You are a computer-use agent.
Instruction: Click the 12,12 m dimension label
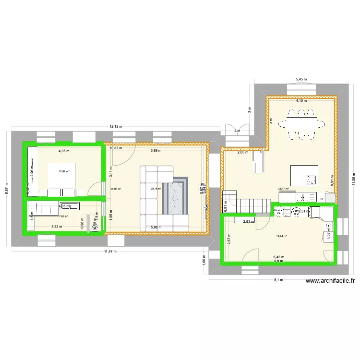tap(116, 127)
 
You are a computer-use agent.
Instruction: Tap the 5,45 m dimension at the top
tap(301, 79)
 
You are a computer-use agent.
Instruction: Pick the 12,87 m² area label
tap(64, 171)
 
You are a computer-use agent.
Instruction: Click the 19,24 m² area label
tap(281, 236)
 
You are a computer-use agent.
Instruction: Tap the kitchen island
tap(304, 175)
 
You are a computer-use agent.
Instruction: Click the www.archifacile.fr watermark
tap(329, 282)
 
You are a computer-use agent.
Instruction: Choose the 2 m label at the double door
tap(236, 131)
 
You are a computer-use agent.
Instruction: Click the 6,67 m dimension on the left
tap(6, 183)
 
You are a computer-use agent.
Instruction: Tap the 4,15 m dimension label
tap(301, 101)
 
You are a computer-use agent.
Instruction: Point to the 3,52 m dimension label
tap(57, 227)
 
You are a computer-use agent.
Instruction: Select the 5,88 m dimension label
tap(156, 151)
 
